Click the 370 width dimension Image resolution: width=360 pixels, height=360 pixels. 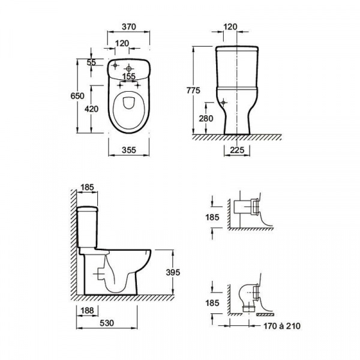pos(129,27)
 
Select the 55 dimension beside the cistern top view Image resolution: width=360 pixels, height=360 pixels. pos(91,62)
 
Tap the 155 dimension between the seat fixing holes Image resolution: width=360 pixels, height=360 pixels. pos(129,76)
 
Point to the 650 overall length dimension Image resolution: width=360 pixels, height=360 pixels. pos(77,96)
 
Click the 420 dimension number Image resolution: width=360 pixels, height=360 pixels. pos(91,109)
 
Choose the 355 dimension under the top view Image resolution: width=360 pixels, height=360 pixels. pos(129,150)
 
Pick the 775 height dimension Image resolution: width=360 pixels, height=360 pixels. pos(193,91)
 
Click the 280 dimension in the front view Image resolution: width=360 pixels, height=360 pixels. pos(206,118)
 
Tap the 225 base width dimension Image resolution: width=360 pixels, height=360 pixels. pos(237,150)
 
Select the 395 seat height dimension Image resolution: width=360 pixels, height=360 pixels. pos(173,272)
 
